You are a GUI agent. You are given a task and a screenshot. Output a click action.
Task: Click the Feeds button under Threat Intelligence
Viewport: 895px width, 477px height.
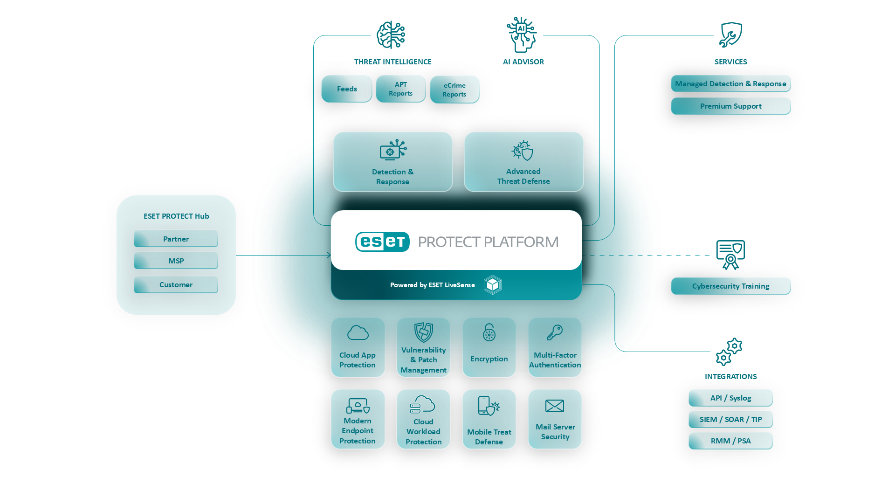point(347,89)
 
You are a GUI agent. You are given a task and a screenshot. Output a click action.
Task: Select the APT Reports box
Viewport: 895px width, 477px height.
point(401,89)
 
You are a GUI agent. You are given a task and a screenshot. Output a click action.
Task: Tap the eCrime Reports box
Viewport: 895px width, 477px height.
point(454,90)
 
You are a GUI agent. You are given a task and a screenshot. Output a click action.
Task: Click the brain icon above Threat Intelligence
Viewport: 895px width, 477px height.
point(391,35)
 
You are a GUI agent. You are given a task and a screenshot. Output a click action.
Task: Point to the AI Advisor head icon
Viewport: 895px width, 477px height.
point(522,35)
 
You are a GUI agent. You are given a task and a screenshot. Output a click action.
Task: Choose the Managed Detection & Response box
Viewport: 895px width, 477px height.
point(730,84)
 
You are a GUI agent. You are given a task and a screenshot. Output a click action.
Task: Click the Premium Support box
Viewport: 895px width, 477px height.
point(730,106)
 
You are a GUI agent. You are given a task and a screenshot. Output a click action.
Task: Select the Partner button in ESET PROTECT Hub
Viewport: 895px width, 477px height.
point(176,239)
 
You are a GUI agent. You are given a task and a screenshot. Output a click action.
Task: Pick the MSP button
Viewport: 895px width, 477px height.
point(176,261)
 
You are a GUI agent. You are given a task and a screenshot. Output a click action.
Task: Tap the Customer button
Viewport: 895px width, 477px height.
point(176,285)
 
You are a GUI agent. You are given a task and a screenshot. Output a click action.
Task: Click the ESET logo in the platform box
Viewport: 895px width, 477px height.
point(382,242)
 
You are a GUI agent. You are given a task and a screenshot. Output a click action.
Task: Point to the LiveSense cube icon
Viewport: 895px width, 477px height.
point(492,285)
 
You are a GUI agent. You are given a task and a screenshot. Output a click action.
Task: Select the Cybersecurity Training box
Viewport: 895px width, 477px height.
point(730,286)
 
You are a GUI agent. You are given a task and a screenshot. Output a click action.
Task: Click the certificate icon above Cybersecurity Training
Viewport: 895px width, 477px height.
point(730,255)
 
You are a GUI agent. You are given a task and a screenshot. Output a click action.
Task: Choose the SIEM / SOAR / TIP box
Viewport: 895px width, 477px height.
point(730,420)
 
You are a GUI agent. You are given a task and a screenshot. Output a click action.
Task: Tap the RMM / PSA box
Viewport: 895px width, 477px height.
point(730,441)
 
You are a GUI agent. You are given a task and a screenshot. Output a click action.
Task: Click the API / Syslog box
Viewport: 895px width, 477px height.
point(730,398)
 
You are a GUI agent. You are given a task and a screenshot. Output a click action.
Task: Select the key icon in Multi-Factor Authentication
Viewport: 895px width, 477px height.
point(555,333)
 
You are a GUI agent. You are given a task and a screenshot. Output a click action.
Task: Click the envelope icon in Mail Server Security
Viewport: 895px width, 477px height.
point(555,406)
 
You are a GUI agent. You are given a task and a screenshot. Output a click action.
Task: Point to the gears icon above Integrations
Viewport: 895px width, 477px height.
point(729,352)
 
